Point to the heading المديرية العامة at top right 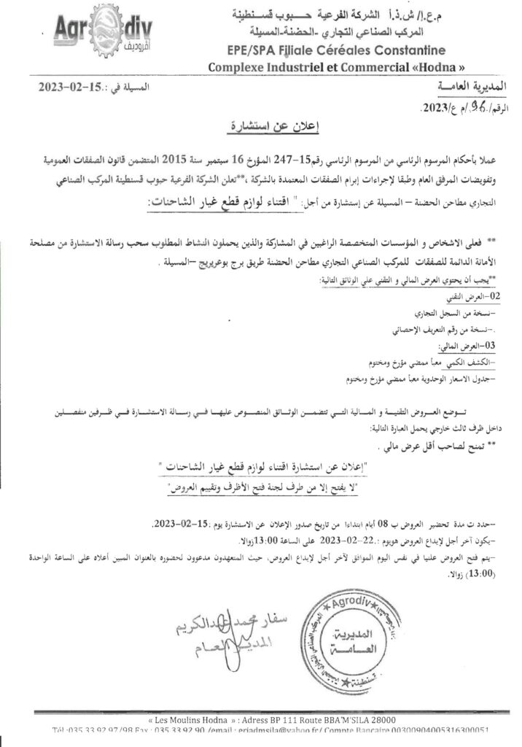465,88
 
